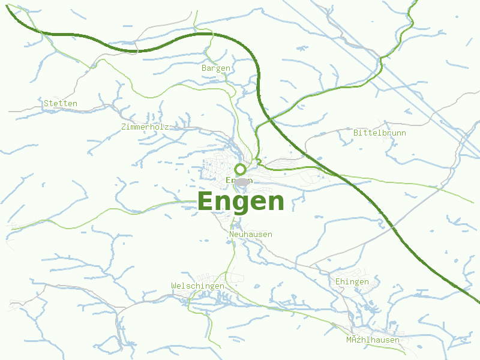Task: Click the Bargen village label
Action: point(216,68)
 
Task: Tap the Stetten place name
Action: point(61,104)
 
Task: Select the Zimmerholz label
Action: point(145,127)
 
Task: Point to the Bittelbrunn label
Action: point(380,133)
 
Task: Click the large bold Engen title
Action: point(241,202)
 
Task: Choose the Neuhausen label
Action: point(251,234)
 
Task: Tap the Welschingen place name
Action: point(197,286)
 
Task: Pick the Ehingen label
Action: point(352,282)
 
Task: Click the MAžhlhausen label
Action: point(373,340)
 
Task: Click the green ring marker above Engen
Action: point(241,169)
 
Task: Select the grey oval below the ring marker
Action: point(241,182)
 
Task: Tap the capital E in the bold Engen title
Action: point(206,202)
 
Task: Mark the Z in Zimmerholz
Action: point(124,127)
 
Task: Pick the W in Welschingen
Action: point(173,286)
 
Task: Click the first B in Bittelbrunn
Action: point(356,133)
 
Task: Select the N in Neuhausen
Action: point(232,234)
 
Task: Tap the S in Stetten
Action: point(46,104)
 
